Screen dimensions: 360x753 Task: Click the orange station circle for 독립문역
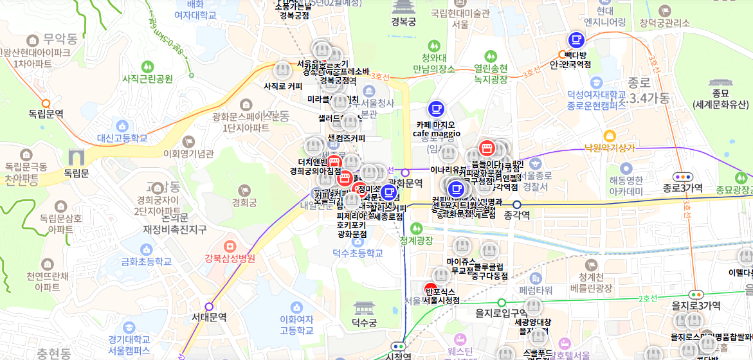[x=46, y=103]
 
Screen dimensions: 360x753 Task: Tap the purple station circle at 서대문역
[x=208, y=307]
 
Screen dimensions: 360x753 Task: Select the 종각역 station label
[x=516, y=215]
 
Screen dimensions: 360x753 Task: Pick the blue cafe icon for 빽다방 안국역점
[x=576, y=40]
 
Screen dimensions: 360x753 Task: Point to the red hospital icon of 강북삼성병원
[x=230, y=246]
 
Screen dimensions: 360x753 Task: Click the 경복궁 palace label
[x=403, y=22]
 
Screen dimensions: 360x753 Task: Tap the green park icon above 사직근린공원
[x=148, y=66]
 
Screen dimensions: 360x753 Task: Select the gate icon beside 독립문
[x=76, y=156]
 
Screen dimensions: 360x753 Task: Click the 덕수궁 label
[x=364, y=322]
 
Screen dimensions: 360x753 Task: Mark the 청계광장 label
[x=416, y=240]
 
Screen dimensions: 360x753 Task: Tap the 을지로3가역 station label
[x=696, y=305]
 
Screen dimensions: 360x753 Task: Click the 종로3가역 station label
[x=683, y=188]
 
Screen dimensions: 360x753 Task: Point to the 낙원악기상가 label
[x=609, y=148]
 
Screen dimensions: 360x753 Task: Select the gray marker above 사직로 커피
[x=282, y=70]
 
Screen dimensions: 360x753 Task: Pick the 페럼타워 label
[x=536, y=290]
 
